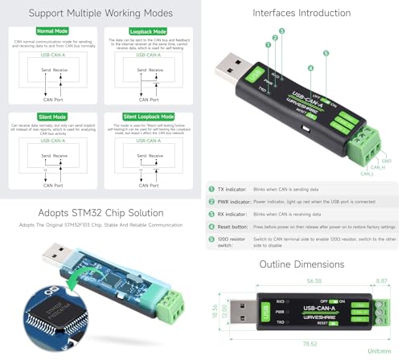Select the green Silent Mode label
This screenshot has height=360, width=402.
point(30,115)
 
